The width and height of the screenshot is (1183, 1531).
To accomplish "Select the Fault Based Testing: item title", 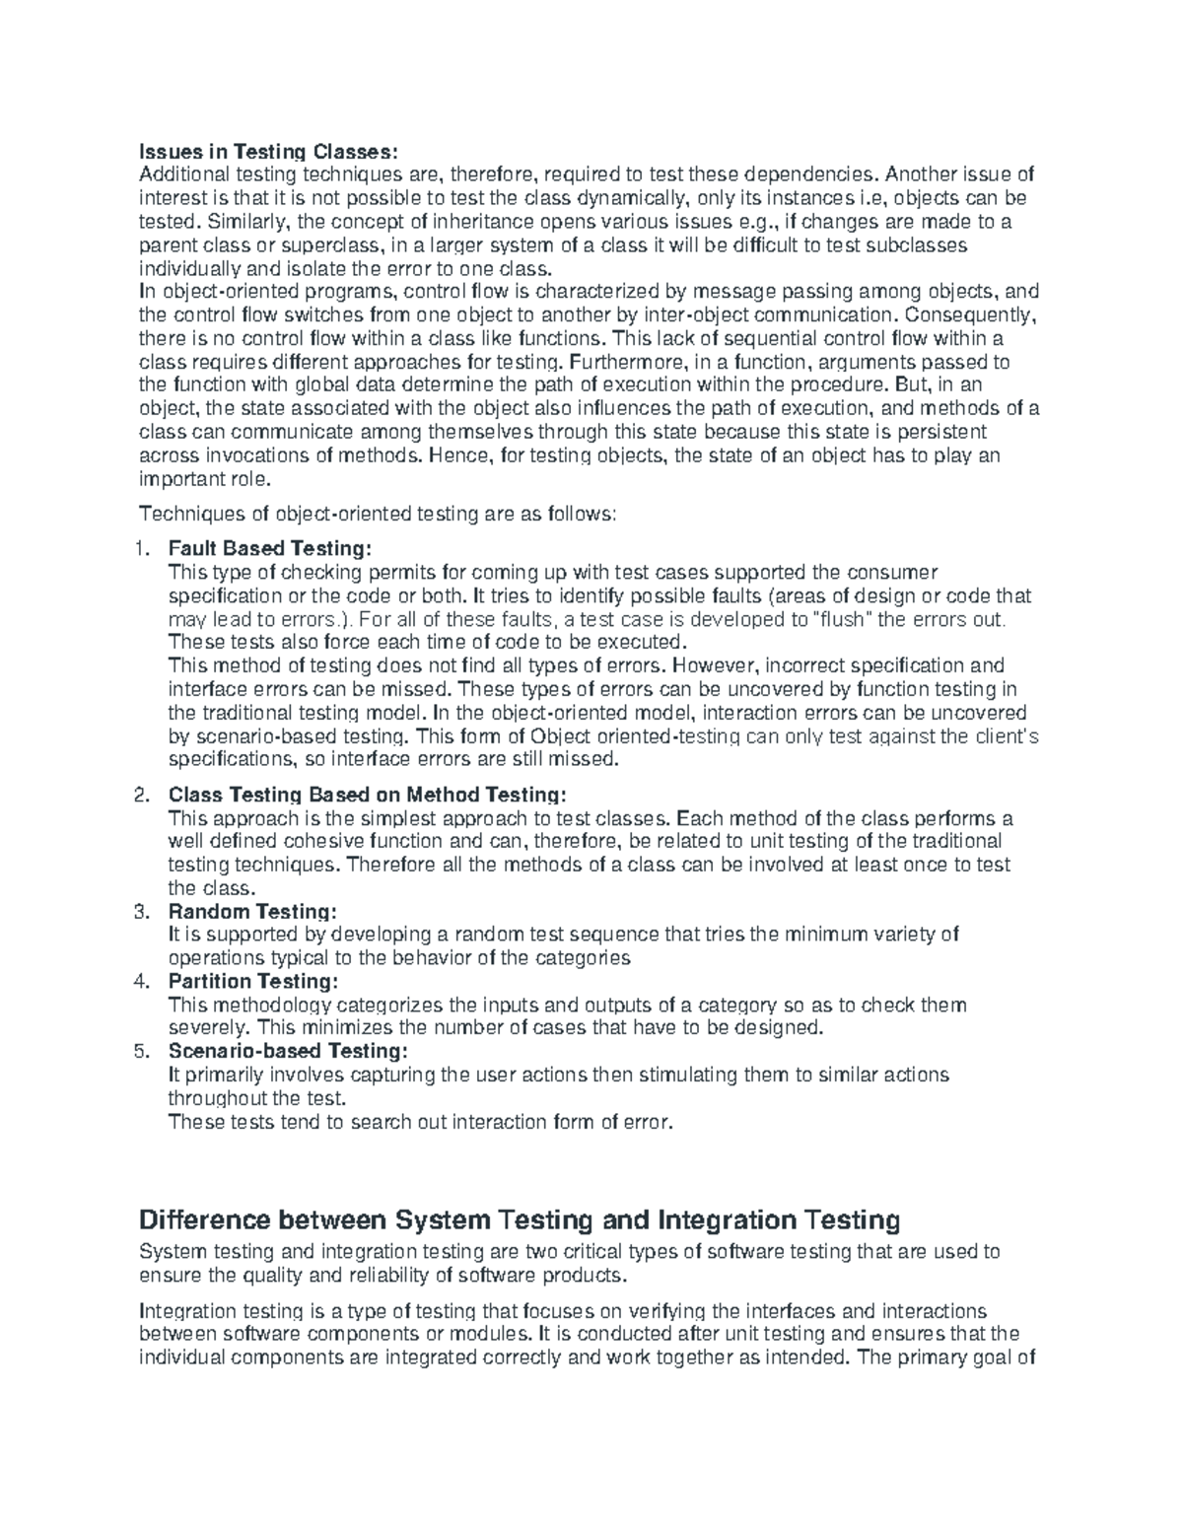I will pos(271,548).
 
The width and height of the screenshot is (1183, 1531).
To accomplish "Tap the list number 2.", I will pos(141,795).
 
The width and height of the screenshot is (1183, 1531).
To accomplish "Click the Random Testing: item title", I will pos(252,911).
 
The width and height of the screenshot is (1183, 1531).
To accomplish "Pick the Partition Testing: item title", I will pos(253,981).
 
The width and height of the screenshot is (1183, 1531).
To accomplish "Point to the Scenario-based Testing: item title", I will pos(287,1051).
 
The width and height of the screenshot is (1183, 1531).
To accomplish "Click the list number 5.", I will pos(141,1051).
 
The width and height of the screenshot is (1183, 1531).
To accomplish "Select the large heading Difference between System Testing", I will pos(520,1220).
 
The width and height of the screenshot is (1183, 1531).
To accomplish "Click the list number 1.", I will pos(141,548).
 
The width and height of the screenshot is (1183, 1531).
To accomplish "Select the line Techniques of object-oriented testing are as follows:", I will pos(379,514).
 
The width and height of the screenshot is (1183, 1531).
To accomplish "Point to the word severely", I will pos(202,1027).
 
